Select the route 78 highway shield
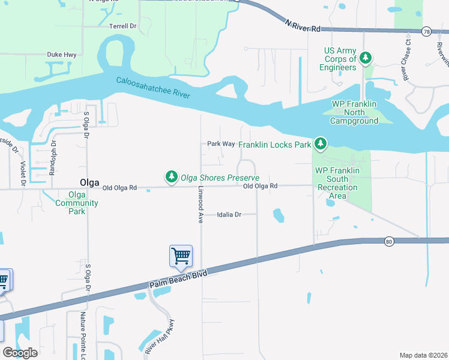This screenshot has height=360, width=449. tap(426, 31)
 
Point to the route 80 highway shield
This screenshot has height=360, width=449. tap(389, 241)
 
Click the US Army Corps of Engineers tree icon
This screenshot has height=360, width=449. tap(365, 59)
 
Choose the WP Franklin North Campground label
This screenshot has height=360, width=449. tap(354, 112)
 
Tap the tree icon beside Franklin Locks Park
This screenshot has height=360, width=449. tap(321, 143)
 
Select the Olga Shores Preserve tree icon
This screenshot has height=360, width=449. tap(172, 177)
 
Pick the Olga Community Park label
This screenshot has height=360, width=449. tap(83, 203)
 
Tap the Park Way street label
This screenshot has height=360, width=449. tap(220, 144)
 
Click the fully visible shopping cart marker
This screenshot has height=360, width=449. tap(181, 256)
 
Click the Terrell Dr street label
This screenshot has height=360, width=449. tap(123, 26)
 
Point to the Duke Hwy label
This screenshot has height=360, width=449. tap(61, 54)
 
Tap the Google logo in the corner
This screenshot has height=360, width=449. tap(20, 352)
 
